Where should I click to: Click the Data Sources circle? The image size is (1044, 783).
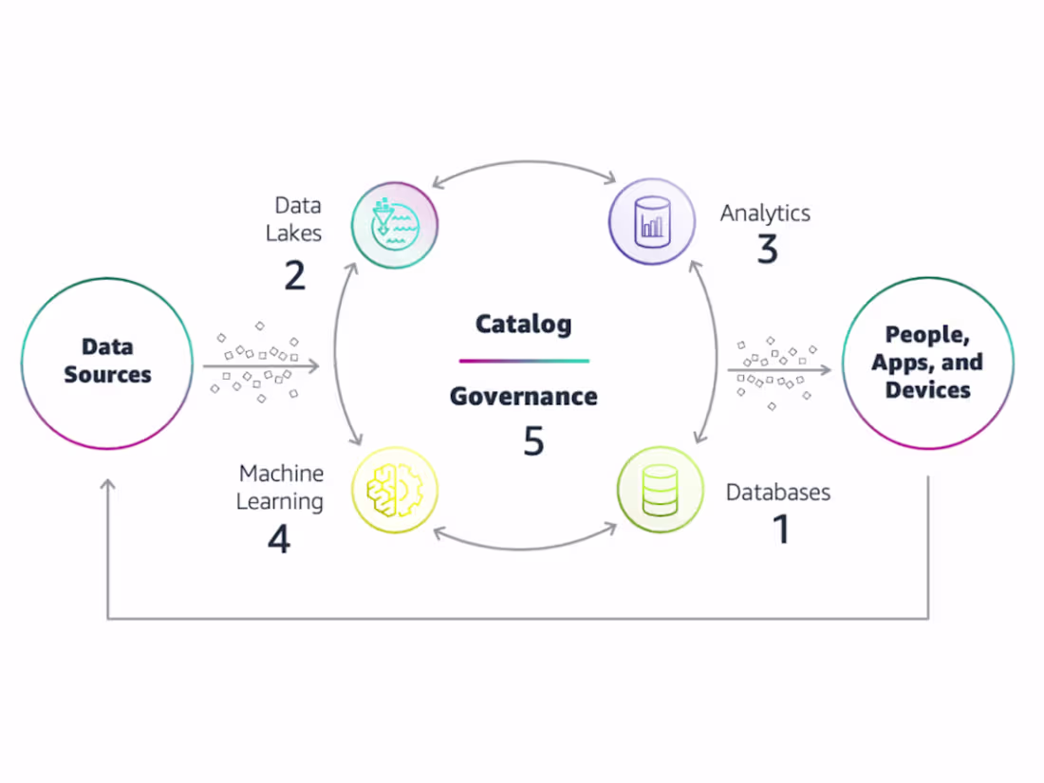[106, 362]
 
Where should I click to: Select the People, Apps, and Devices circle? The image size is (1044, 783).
[927, 363]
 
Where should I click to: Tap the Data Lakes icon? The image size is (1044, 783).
[395, 225]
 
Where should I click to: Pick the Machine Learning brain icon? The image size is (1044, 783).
[395, 490]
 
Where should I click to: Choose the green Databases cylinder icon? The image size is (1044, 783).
[661, 490]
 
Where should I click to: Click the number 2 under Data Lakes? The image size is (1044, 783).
[294, 274]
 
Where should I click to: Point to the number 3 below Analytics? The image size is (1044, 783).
[767, 250]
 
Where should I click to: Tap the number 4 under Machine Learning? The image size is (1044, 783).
[278, 539]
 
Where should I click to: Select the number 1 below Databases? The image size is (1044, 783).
[781, 530]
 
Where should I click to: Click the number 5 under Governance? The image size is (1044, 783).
[533, 439]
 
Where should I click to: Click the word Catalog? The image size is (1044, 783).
[524, 324]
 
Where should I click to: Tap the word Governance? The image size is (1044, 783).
[524, 396]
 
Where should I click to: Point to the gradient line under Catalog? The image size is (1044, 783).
[524, 361]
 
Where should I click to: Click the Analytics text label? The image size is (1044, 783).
[765, 213]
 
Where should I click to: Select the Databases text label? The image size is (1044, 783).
[778, 492]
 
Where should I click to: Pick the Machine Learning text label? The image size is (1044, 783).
[281, 487]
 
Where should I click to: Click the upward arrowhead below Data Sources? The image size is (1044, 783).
[107, 486]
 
